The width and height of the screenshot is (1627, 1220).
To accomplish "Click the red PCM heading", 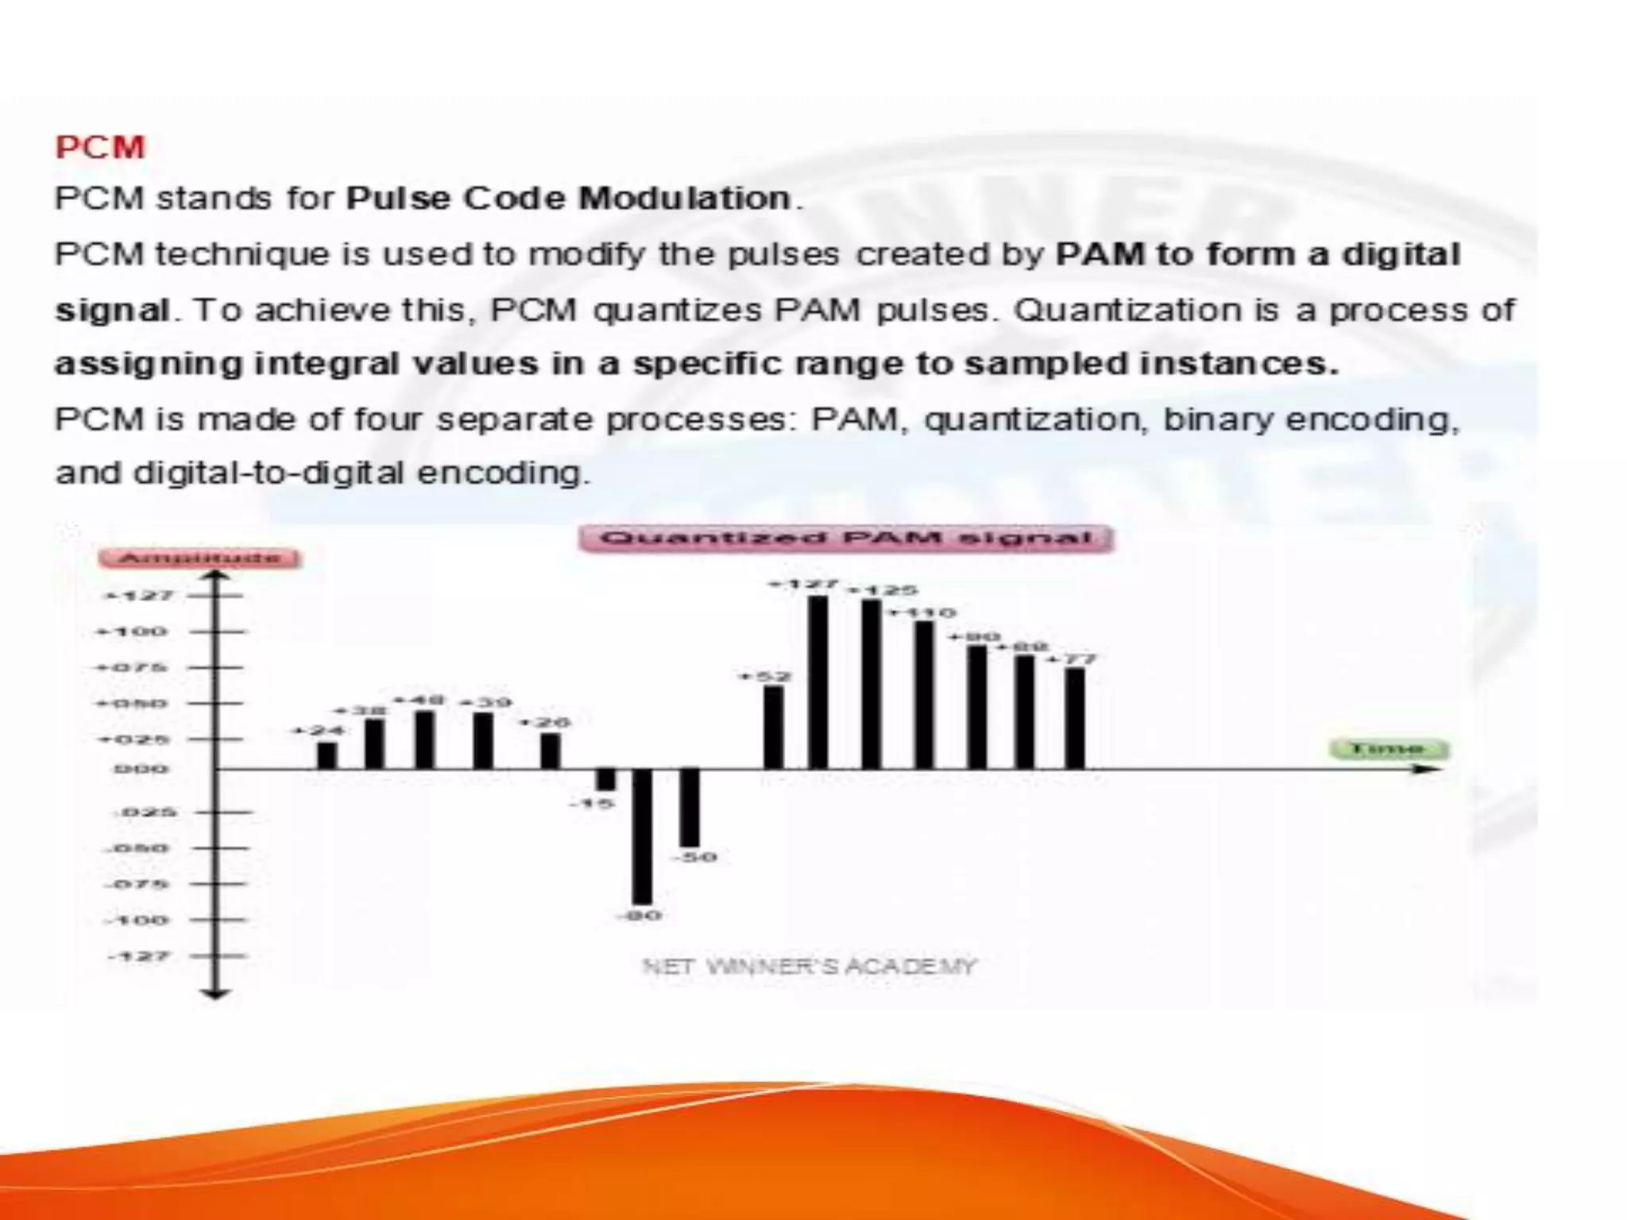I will tap(100, 148).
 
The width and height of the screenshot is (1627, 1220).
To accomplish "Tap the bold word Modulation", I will tap(685, 198).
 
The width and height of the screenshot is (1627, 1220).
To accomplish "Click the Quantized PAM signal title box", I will tap(846, 539).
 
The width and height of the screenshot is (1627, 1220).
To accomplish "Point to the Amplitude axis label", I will tap(199, 558).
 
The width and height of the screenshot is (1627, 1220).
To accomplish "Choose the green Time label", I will tap(1389, 749).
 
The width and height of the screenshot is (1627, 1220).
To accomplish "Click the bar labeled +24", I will tap(327, 755).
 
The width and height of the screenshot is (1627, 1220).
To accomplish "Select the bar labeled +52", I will tap(773, 728).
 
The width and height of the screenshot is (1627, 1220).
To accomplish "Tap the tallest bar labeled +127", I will tap(818, 682).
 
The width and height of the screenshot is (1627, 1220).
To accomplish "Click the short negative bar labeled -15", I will tap(606, 779).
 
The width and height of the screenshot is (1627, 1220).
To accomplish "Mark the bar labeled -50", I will tap(690, 808).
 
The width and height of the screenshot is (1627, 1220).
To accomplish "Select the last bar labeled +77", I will tap(1075, 719).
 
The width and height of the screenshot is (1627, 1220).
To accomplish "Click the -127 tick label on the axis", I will tap(139, 956).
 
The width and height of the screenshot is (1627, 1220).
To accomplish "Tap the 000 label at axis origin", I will tap(141, 769).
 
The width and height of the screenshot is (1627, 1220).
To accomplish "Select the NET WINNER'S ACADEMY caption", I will tap(809, 967).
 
